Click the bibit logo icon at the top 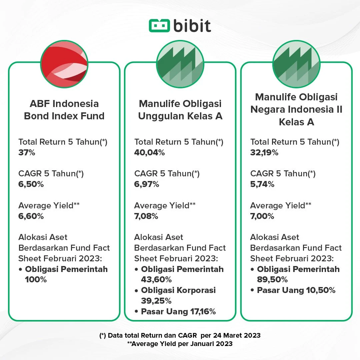159,26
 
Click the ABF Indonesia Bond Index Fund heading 64,110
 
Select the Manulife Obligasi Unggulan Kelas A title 180,110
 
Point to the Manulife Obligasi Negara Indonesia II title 296,109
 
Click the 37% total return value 27,153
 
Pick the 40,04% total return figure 149,153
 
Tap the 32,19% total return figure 264,153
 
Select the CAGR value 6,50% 31,184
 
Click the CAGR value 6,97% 147,184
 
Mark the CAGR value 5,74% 262,184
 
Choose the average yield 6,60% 31,216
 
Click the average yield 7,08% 146,216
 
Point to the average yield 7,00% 262,216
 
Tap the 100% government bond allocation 36,280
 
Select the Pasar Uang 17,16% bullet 178,312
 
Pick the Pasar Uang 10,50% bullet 296,290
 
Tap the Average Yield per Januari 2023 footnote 180,344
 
